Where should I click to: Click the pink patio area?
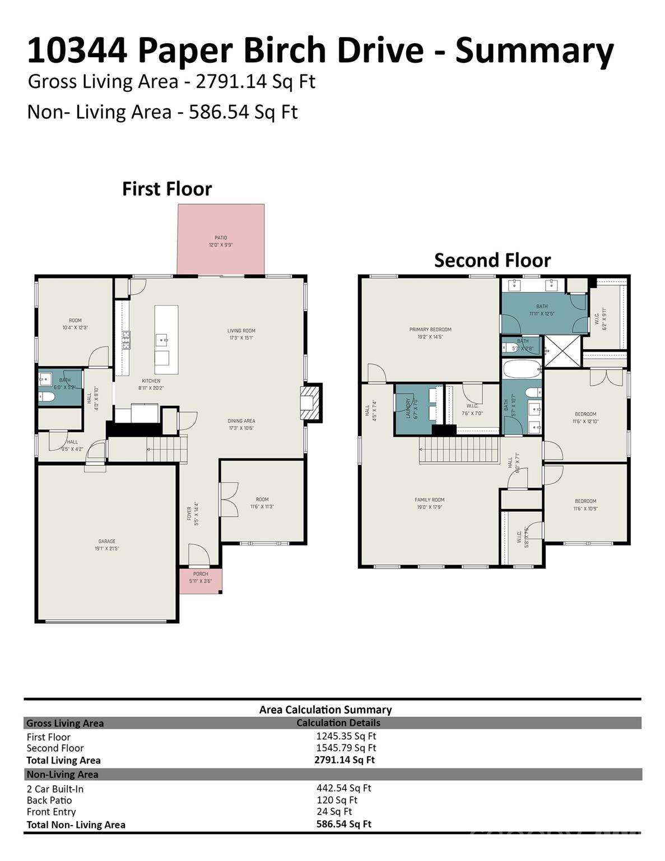(x=221, y=240)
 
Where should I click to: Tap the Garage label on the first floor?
(x=106, y=541)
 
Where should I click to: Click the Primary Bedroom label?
(x=430, y=330)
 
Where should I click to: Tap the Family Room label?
(x=430, y=500)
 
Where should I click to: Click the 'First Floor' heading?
(x=167, y=189)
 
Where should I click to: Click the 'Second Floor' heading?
(x=492, y=260)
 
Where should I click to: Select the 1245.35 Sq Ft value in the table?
(x=346, y=736)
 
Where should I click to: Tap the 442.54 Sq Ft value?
(x=343, y=788)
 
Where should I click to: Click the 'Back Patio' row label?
(x=49, y=800)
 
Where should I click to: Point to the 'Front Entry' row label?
(x=51, y=812)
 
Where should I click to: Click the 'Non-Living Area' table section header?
(x=62, y=774)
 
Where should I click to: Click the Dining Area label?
(x=241, y=421)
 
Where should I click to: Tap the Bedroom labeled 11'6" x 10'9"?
(x=585, y=501)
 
